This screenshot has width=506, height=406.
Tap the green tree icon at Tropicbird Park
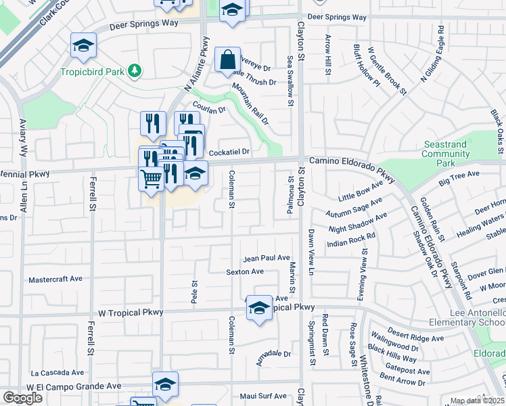[135, 70]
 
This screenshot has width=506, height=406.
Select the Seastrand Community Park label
[446, 154]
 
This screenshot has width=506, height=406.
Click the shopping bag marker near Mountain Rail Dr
[228, 60]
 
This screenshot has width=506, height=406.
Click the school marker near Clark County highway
[83, 47]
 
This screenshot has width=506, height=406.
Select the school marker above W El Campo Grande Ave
[165, 385]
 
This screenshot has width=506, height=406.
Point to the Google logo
[22, 398]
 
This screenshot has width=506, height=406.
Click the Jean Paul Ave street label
[267, 258]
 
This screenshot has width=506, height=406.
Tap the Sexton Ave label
[245, 271]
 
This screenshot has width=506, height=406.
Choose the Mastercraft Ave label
[55, 279]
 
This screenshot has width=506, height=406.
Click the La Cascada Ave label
[57, 372]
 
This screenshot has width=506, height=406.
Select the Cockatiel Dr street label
[229, 152]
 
